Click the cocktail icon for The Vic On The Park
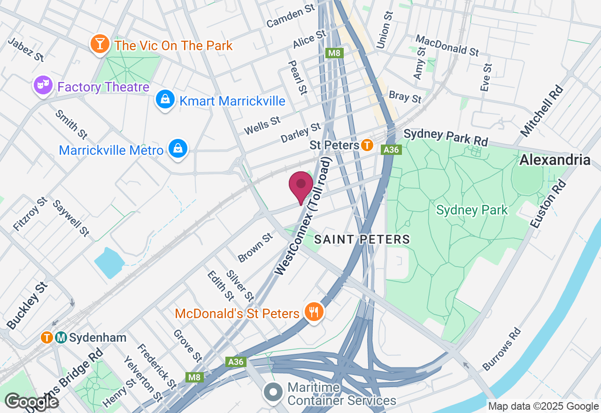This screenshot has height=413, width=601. coord(100,44)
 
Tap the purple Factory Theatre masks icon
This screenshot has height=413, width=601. coord(43,85)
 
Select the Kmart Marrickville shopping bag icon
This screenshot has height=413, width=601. coord(165,99)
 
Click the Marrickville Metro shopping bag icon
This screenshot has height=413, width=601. coord(178,149)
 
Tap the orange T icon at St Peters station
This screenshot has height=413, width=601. coord(367,145)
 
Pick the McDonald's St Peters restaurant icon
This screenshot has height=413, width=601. coord(313,312)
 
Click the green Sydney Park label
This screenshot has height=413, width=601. coord(471,210)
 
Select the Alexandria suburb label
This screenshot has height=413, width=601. coord(555,160)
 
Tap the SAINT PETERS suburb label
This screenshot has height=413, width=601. coord(362,239)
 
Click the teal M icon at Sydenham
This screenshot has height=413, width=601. coord(61,337)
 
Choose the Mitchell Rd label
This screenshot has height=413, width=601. coord(542,111)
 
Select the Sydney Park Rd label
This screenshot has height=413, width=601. coord(446,137)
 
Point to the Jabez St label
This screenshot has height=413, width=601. coord(26,50)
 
